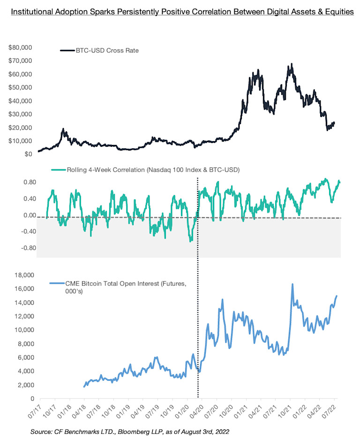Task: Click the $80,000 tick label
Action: [20, 47]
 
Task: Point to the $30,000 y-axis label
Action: [20, 114]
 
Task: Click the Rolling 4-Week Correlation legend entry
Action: [146, 170]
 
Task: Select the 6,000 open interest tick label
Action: [23, 357]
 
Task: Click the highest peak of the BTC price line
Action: [292, 64]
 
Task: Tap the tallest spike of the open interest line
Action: [292, 284]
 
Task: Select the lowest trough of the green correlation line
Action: [190, 241]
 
